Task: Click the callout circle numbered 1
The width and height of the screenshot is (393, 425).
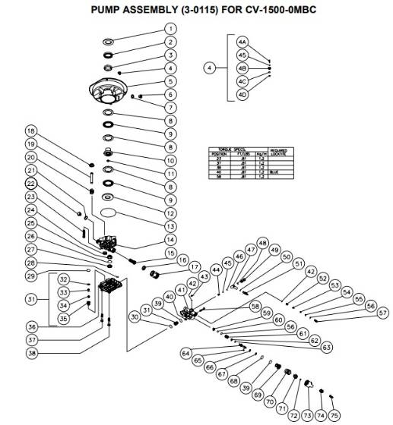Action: click(170, 28)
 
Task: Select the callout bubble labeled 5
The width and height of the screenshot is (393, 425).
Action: click(170, 80)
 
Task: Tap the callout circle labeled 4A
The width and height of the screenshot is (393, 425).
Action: click(242, 42)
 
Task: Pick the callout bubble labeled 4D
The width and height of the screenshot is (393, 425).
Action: click(242, 94)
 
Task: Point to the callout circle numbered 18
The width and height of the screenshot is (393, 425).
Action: click(31, 130)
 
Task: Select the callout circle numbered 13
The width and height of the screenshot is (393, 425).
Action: click(170, 226)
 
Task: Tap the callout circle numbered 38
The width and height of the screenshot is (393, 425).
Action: click(31, 353)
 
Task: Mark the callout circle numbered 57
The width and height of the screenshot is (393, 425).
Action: click(382, 313)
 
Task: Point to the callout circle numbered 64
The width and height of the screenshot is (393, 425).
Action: click(185, 353)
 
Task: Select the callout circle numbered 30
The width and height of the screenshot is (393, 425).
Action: click(135, 316)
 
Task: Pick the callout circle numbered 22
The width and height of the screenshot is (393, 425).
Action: click(31, 184)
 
